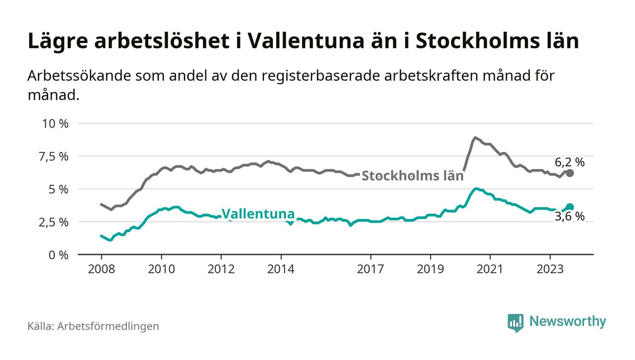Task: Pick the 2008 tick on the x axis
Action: click(x=101, y=269)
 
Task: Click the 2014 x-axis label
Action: click(x=281, y=269)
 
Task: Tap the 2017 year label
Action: click(x=371, y=269)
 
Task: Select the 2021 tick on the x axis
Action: click(x=490, y=269)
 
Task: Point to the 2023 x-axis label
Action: click(x=550, y=269)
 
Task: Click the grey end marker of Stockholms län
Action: click(x=570, y=173)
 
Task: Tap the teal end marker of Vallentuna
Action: click(x=570, y=207)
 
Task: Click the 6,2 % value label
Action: click(x=570, y=162)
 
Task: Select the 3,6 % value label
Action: click(x=570, y=217)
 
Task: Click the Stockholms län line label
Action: click(x=412, y=176)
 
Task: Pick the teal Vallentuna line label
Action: click(x=258, y=214)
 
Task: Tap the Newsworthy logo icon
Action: click(x=515, y=322)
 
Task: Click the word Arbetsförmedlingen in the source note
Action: click(x=108, y=326)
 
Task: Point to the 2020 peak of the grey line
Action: click(x=474, y=137)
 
